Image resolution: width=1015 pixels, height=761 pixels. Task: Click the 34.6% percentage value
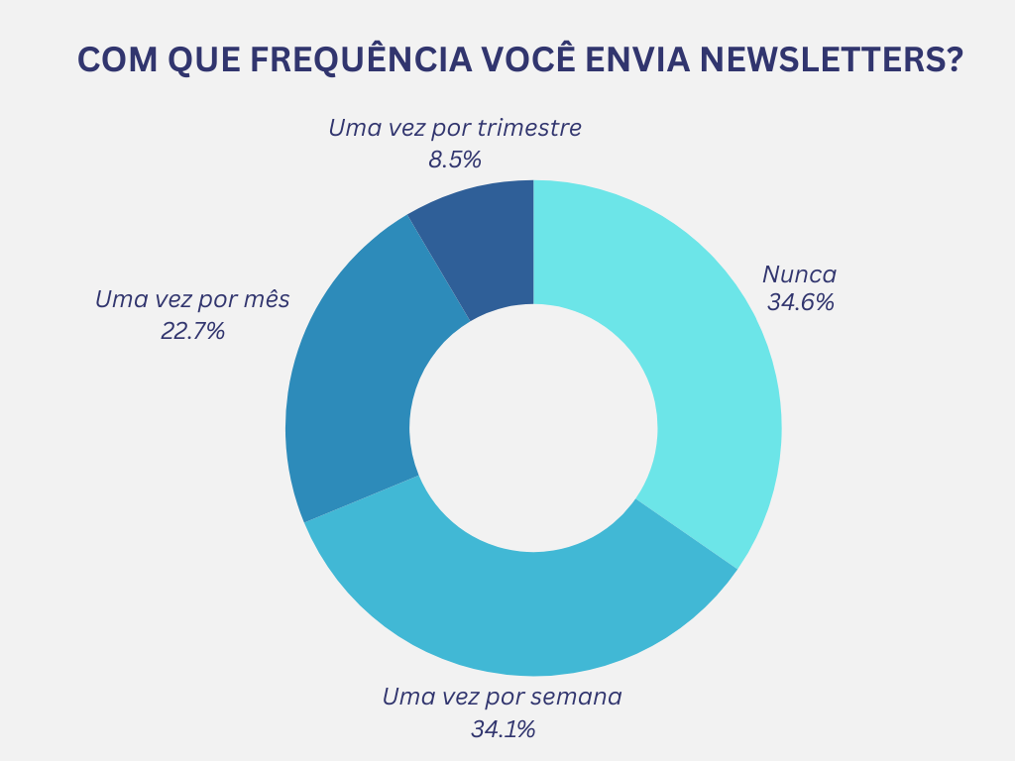(x=800, y=302)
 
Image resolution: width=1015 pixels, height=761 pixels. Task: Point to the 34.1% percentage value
(x=503, y=729)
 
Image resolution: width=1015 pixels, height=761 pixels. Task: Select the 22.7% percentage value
(x=192, y=331)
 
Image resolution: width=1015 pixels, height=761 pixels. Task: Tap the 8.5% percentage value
(x=454, y=159)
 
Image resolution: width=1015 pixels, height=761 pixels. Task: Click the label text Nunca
(x=799, y=274)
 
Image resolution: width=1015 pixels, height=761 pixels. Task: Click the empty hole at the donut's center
(x=533, y=428)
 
